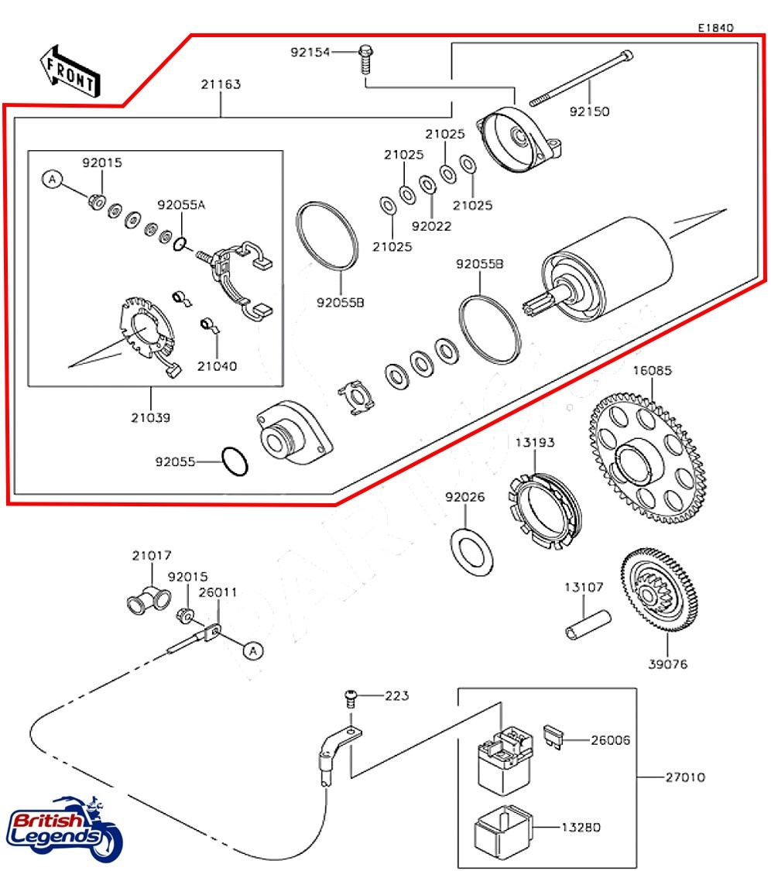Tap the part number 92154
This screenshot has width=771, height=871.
(310, 53)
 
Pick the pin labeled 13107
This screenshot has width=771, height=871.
(587, 626)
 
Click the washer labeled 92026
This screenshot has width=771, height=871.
(471, 553)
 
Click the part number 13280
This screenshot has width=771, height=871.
(581, 828)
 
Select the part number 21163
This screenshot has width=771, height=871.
(221, 84)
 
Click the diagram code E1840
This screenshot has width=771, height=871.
(715, 27)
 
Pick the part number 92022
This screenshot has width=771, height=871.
(431, 226)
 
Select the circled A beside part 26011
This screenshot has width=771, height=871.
(252, 650)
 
